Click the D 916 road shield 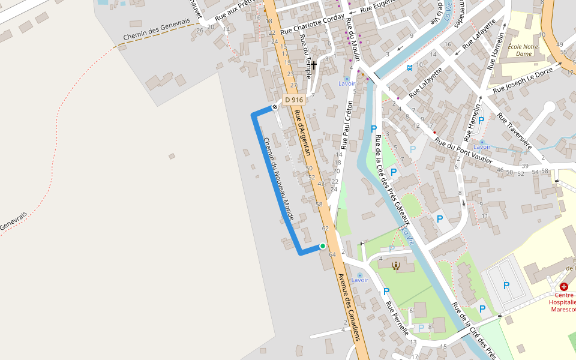(295, 100)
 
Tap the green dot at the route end (323, 246)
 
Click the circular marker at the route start (275, 107)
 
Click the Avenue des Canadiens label (349, 307)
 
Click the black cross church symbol (313, 64)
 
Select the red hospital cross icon (564, 287)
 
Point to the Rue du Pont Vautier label (464, 152)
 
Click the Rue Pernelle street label (397, 318)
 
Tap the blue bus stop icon (409, 68)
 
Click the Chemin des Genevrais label (157, 29)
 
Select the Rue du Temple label (306, 51)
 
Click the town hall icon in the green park (395, 265)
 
